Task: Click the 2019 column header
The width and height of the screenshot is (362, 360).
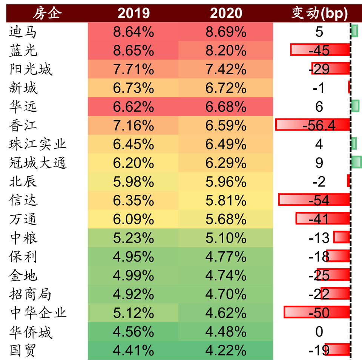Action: [x=133, y=14]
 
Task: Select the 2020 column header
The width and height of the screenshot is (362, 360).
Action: [x=226, y=14]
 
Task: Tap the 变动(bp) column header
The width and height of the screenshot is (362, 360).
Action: [x=319, y=14]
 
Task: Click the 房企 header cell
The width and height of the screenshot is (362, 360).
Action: [x=47, y=14]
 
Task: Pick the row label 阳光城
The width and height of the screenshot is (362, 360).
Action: [x=31, y=69]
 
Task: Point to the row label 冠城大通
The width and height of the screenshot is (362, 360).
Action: [x=38, y=163]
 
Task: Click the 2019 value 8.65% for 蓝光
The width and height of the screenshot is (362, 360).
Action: [x=133, y=51]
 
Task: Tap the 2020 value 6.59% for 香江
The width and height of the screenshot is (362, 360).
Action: [x=226, y=125]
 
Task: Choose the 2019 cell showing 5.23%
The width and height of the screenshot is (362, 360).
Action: [x=133, y=238]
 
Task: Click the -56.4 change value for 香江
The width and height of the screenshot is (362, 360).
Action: [x=319, y=125]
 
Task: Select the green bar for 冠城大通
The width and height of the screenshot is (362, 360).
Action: [x=356, y=162]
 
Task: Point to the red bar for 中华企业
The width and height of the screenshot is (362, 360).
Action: [x=317, y=312]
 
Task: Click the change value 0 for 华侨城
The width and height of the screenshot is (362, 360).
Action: [x=319, y=332]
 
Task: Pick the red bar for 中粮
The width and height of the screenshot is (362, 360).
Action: [x=342, y=237]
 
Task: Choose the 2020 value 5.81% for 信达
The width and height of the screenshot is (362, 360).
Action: [x=226, y=200]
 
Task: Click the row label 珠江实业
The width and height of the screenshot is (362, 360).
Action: [x=38, y=144]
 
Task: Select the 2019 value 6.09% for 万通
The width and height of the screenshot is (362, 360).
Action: [x=133, y=219]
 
